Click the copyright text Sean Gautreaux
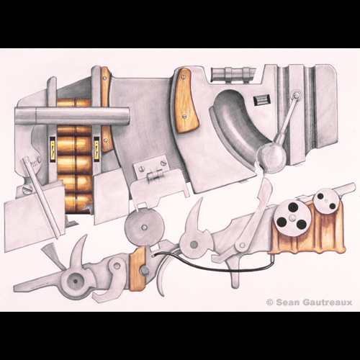click(310, 302)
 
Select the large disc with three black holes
click(292, 218)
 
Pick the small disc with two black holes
click(326, 200)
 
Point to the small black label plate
click(262, 99)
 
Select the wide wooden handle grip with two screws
click(185, 101)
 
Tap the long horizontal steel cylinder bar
click(72, 116)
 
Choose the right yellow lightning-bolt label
click(96, 149)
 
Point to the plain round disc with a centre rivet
click(144, 227)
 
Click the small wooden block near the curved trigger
click(138, 269)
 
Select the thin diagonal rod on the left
click(41, 197)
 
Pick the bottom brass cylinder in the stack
click(78, 203)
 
